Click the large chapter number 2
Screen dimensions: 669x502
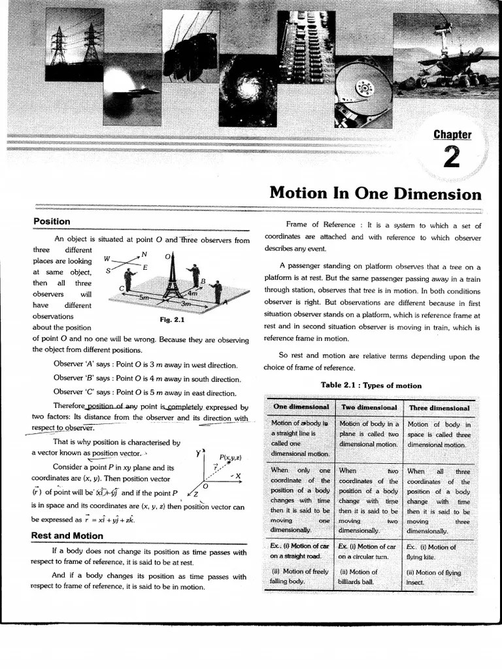click(451, 157)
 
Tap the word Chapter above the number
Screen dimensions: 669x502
click(452, 135)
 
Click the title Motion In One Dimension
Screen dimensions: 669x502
click(375, 194)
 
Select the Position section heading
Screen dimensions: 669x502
click(52, 221)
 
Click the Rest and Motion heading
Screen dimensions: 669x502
click(67, 536)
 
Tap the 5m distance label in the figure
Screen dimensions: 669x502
click(146, 297)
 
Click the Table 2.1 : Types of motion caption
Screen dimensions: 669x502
click(371, 385)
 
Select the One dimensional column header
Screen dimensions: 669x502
click(301, 407)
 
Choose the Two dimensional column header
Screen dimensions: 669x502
click(369, 407)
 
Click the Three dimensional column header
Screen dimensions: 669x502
click(439, 408)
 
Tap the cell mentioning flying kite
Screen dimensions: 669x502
click(431, 551)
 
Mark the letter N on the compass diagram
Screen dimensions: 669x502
click(144, 254)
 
